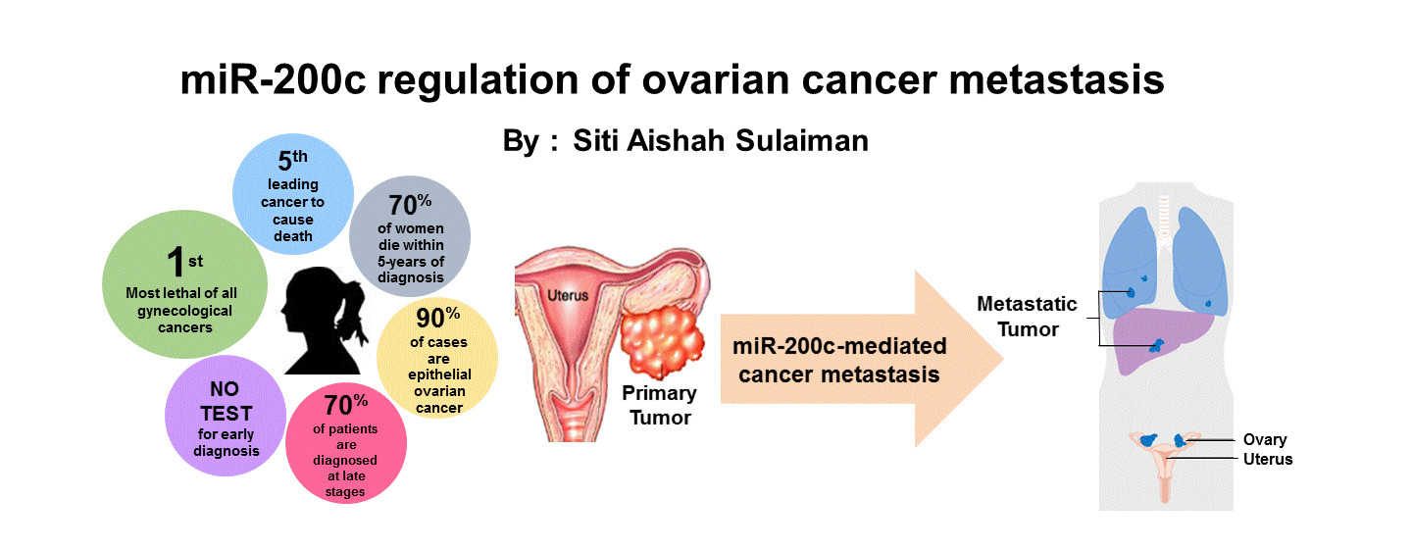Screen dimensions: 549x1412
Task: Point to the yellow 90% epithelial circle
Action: [x=438, y=357]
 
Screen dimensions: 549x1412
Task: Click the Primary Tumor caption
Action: [x=659, y=405]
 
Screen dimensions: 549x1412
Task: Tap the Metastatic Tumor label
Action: [x=1027, y=317]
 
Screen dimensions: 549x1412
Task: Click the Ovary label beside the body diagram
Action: [x=1264, y=440]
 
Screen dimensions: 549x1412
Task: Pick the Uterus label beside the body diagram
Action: [x=1267, y=459]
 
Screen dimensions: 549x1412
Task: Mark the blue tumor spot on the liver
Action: [x=1158, y=345]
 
